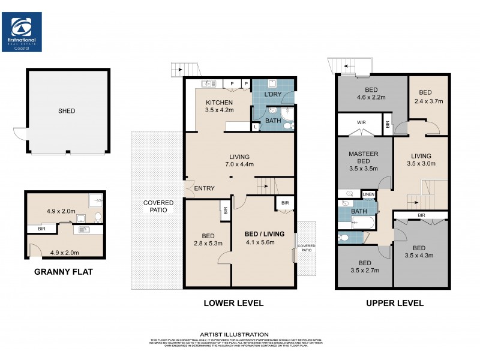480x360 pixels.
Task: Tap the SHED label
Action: coord(67,111)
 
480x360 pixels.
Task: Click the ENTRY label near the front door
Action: coord(204,189)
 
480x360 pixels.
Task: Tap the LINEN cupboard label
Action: coord(368,194)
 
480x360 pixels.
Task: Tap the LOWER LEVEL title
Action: coord(234,304)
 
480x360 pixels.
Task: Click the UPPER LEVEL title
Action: coord(395,304)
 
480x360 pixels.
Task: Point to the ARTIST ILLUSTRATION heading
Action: coord(234,334)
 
